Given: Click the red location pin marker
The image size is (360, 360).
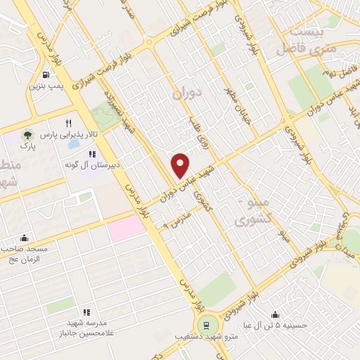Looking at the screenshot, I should click(181, 165).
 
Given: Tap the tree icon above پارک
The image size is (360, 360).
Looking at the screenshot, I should click(27, 134).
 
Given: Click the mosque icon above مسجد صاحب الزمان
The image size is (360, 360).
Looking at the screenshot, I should click(25, 238).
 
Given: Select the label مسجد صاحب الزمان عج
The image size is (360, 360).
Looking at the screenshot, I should click(24, 254).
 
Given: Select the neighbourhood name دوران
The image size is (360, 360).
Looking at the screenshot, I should click(187, 91).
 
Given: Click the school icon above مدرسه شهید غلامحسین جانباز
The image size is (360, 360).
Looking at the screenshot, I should click(86, 312).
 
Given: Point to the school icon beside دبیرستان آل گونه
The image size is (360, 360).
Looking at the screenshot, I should click(93, 154).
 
